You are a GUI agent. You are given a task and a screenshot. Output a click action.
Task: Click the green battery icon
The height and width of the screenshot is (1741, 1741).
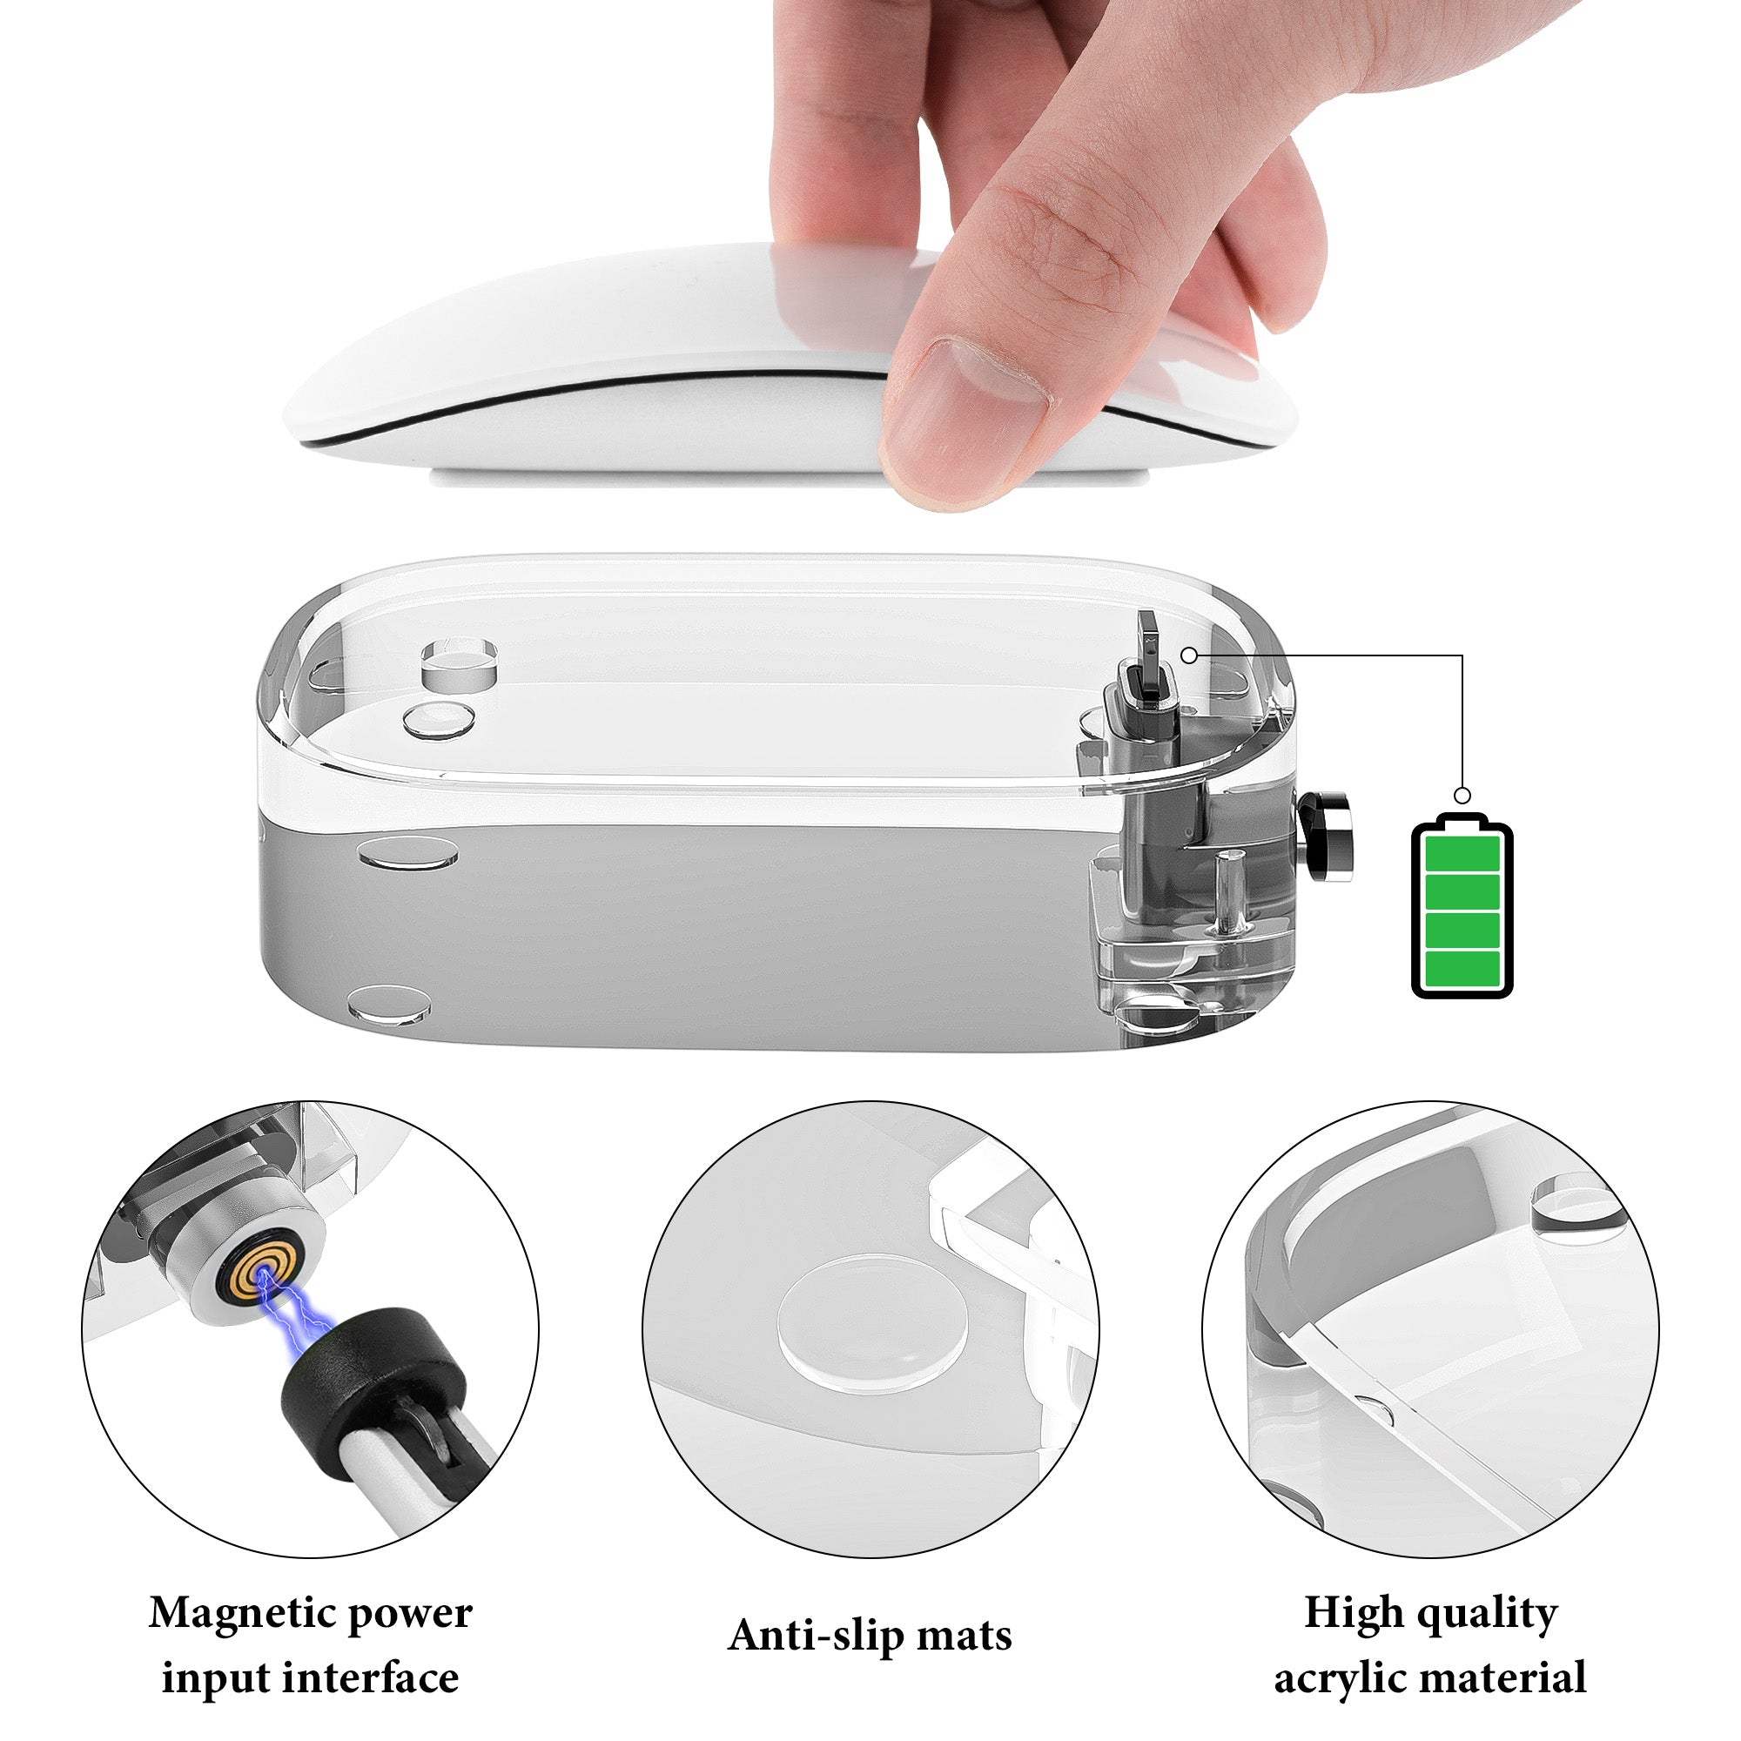pos(1462,905)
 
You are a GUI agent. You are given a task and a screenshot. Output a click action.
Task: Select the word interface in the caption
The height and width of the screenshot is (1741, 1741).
pos(373,1677)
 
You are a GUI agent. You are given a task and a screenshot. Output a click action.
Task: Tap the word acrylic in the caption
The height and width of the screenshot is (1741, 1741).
pos(1346,1679)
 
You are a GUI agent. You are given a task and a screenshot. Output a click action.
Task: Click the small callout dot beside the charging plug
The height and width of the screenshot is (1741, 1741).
pos(1189,656)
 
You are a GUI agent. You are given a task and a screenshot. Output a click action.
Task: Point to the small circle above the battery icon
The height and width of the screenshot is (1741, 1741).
pos(1462,796)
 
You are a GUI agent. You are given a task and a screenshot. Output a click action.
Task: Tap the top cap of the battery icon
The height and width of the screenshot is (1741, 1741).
pos(1462,819)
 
